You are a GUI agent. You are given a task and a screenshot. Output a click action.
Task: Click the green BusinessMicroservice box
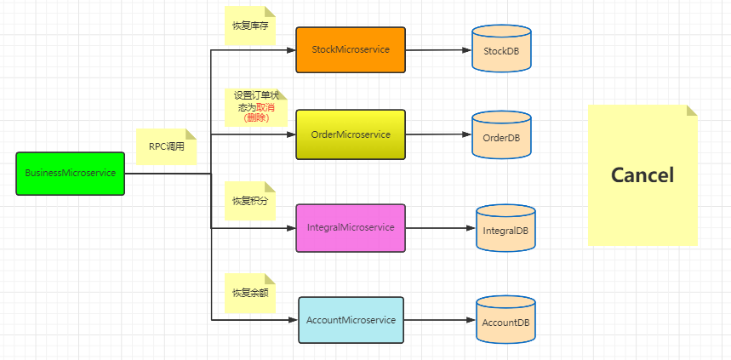click(70, 174)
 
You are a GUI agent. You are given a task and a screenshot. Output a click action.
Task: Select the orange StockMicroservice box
click(351, 49)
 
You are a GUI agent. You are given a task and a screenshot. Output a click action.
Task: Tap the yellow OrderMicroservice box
click(351, 134)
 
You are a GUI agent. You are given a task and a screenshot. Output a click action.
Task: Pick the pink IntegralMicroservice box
click(351, 228)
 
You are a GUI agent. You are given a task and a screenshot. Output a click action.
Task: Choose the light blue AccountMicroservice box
click(351, 320)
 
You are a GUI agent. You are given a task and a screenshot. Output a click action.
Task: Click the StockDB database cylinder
click(501, 52)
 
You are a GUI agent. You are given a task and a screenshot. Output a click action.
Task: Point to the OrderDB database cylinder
click(501, 137)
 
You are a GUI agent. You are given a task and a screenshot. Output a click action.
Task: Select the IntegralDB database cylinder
click(505, 230)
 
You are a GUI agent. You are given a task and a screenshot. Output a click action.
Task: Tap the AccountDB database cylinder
click(505, 323)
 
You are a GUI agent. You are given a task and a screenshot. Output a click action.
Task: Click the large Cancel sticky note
click(642, 175)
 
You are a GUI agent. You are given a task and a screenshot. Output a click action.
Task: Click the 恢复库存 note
click(249, 26)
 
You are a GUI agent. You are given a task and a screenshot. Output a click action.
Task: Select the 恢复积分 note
click(249, 201)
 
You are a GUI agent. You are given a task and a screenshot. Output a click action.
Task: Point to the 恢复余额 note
click(249, 293)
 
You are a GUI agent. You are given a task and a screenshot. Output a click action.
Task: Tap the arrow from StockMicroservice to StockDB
click(438, 50)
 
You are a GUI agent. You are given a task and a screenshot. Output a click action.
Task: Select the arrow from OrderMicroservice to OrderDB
click(438, 134)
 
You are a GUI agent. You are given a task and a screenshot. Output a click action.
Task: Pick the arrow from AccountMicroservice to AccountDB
click(439, 320)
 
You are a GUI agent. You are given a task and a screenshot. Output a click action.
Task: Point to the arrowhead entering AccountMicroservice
click(293, 320)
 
